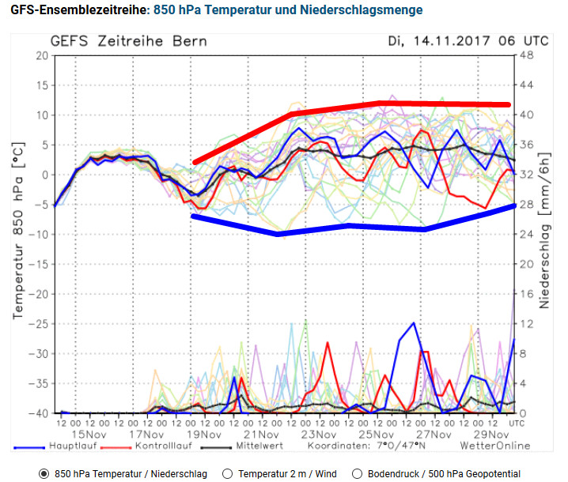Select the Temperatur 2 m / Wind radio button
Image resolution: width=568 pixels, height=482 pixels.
(x=228, y=473)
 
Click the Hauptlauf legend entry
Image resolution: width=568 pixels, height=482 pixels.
(x=72, y=446)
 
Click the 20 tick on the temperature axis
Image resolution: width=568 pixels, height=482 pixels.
(x=40, y=55)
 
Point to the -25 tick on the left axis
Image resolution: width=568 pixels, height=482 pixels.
(x=36, y=323)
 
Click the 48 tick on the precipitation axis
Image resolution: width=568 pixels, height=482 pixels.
(x=527, y=55)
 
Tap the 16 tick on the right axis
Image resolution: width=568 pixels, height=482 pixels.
(x=526, y=294)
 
